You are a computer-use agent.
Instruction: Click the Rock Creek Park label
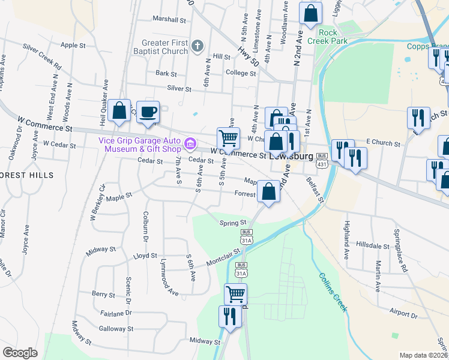click(x=328, y=37)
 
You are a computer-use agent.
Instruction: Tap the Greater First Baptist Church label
click(x=165, y=47)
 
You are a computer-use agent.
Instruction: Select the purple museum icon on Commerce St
click(x=190, y=143)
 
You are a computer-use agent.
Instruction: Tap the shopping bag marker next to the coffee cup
click(x=119, y=111)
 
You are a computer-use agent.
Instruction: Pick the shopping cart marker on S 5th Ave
click(x=228, y=139)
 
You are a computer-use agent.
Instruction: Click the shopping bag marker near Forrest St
click(x=269, y=193)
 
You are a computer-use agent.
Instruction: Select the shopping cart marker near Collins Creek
click(x=235, y=294)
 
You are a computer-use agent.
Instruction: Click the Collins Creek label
click(x=333, y=292)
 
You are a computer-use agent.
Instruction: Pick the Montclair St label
click(x=223, y=261)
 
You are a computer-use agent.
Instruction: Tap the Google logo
click(x=20, y=353)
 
